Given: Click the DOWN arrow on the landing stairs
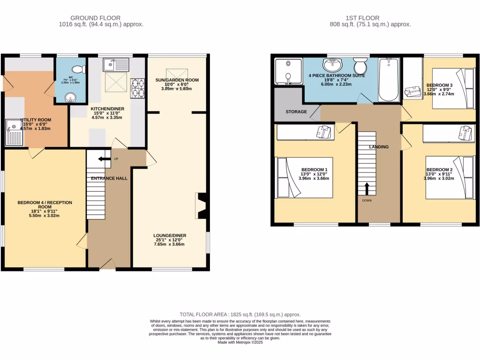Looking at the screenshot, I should point(367,188).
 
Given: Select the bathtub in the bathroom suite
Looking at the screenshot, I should point(389,79).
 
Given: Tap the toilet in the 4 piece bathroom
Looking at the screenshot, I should point(360,66).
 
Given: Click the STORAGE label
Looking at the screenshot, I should point(296,112).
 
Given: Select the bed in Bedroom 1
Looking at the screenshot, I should point(305,177).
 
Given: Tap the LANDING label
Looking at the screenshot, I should point(379,147).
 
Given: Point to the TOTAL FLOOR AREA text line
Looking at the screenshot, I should point(240,314).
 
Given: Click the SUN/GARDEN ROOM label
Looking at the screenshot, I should point(177,80).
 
